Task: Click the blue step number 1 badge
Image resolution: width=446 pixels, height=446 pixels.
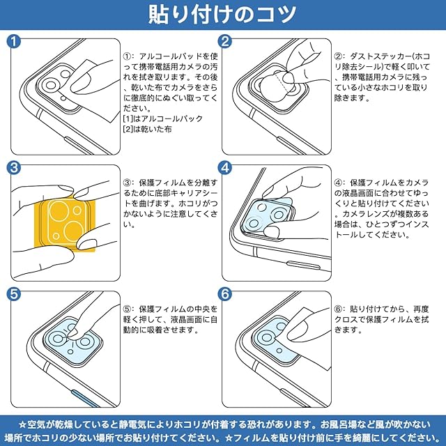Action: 14,42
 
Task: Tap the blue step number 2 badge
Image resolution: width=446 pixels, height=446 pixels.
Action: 225,42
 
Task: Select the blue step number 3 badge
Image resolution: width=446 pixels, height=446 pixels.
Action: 14,168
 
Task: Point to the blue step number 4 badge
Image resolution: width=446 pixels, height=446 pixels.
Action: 225,168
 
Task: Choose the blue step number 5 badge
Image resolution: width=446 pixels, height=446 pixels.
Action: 14,294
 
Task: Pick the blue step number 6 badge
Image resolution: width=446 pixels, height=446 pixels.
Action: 225,294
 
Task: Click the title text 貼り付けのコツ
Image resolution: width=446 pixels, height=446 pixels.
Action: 222,14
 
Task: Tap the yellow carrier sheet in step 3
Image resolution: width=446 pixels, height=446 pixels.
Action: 65,223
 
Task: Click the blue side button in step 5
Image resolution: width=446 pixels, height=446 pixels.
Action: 85,398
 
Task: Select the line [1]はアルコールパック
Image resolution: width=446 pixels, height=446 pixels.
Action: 162,118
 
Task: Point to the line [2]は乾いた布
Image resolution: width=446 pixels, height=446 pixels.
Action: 147,129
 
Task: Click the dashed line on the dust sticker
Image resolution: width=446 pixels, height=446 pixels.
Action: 282,83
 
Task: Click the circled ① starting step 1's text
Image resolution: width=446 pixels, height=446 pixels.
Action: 127,56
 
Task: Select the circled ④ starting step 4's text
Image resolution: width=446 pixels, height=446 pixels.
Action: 339,183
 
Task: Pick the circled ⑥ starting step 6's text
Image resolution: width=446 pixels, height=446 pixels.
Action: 339,309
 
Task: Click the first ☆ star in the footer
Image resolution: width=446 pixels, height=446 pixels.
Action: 23,425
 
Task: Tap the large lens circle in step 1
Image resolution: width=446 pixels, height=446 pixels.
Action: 51,85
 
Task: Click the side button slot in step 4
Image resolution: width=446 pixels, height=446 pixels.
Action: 304,265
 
